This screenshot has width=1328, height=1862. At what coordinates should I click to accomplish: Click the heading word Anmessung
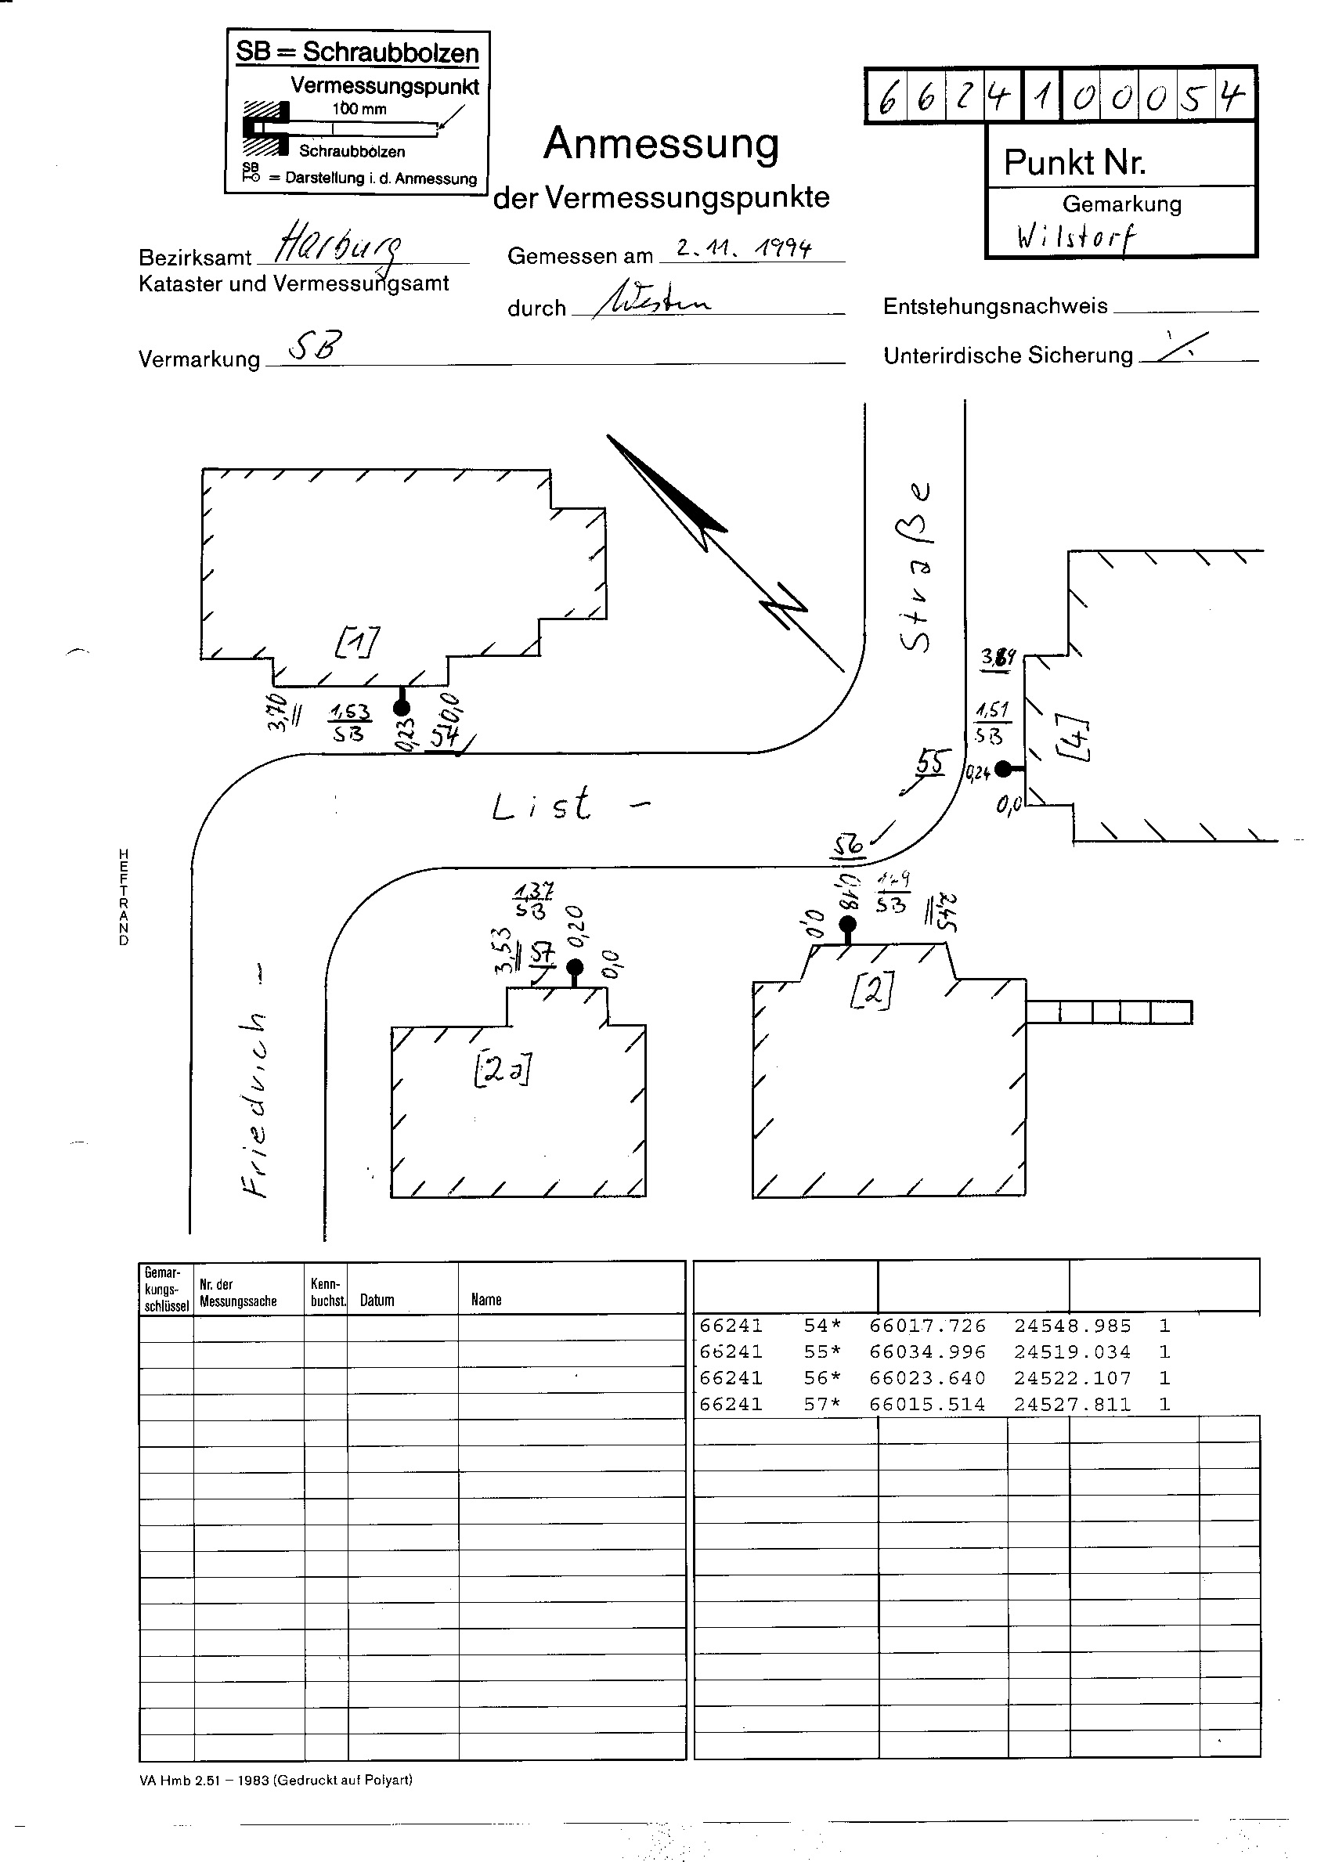click(661, 145)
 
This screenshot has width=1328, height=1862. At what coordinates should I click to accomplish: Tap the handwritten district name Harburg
click(338, 243)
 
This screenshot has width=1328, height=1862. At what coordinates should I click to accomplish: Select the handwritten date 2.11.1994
click(743, 247)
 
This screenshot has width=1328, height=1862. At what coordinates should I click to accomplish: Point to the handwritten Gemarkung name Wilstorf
click(1076, 237)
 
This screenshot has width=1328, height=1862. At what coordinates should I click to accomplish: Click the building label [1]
click(356, 641)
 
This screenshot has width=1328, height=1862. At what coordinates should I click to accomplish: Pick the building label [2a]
click(502, 1070)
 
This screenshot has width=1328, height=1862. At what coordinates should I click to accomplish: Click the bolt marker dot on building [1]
click(402, 708)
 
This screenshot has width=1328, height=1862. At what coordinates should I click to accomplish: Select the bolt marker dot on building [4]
click(1003, 769)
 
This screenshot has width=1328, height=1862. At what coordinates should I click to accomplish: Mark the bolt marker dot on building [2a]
click(575, 969)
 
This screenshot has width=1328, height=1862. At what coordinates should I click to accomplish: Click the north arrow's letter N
click(782, 607)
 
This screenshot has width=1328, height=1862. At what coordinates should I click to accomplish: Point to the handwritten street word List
click(542, 805)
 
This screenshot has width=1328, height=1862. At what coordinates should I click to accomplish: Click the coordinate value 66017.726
click(927, 1326)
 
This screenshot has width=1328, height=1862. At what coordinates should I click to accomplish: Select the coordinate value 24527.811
click(1072, 1405)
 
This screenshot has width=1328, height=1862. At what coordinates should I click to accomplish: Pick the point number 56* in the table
click(822, 1379)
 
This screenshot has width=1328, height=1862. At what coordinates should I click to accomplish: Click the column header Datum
click(377, 1301)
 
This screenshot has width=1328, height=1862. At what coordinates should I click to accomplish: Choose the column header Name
click(485, 1301)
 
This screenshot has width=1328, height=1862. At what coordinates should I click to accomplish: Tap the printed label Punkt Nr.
click(1074, 163)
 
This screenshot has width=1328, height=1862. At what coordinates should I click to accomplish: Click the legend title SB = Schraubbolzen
click(357, 52)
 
